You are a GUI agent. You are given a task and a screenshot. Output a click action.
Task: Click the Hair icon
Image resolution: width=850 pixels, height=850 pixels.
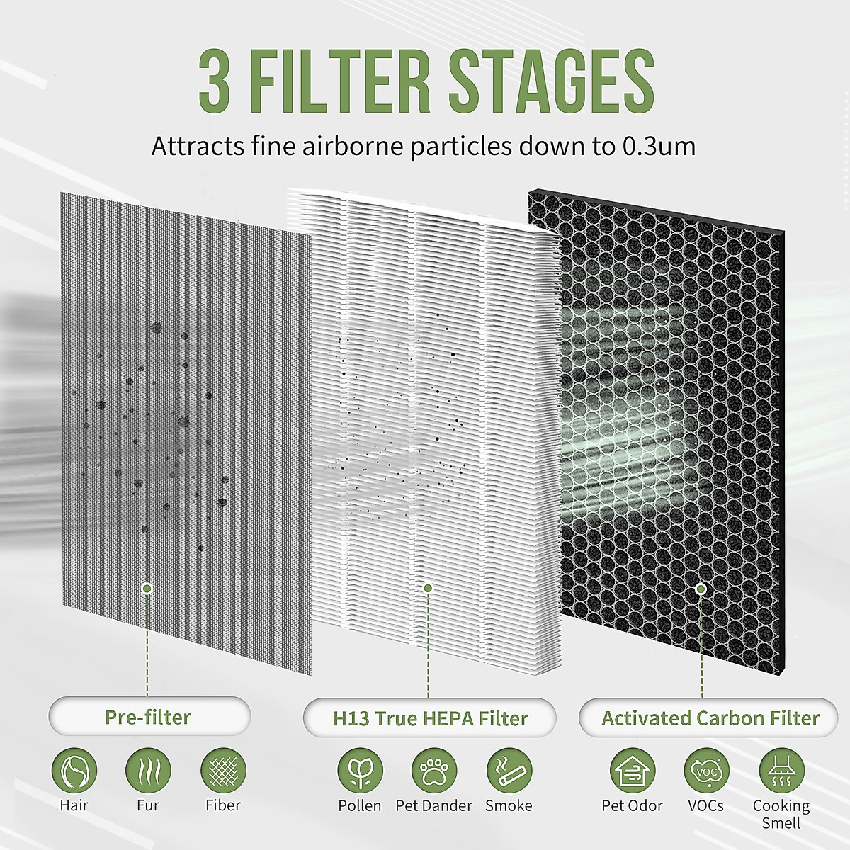tap(74, 771)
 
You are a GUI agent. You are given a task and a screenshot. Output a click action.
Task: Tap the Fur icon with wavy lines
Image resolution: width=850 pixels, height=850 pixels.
tap(148, 771)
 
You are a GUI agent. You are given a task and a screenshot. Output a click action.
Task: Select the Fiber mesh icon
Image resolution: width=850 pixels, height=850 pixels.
tap(223, 771)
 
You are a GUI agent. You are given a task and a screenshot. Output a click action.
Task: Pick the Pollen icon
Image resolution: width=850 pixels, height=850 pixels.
tap(360, 771)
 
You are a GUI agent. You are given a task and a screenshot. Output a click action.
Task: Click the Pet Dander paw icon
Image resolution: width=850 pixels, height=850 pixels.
tap(434, 771)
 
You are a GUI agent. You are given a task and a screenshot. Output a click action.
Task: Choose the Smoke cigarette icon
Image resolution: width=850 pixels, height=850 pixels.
tap(509, 771)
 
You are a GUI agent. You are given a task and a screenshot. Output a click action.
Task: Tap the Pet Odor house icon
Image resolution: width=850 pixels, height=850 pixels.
tap(633, 771)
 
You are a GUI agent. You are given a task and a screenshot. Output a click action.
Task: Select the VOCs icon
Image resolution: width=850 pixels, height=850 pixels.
tap(706, 771)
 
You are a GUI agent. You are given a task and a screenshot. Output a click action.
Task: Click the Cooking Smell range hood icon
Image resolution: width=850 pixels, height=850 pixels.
tap(781, 771)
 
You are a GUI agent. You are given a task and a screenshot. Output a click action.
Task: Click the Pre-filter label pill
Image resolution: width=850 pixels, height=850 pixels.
tap(149, 717)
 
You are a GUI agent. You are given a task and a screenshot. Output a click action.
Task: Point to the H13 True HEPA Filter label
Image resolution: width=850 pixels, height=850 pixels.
tap(430, 718)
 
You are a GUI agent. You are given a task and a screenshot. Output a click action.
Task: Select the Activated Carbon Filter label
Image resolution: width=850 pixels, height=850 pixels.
tap(710, 718)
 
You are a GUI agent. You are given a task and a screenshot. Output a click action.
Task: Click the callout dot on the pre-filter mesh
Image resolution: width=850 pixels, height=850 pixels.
tap(147, 588)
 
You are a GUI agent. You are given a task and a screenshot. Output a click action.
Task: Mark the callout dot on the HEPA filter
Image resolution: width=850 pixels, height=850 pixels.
tap(427, 588)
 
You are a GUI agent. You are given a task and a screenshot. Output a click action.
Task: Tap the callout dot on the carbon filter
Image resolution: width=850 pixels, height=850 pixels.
tap(701, 588)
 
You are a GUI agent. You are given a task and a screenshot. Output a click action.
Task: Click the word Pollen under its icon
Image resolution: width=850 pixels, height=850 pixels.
tap(360, 805)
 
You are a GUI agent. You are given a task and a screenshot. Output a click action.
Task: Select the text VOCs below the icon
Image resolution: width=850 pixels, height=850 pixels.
tap(706, 805)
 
